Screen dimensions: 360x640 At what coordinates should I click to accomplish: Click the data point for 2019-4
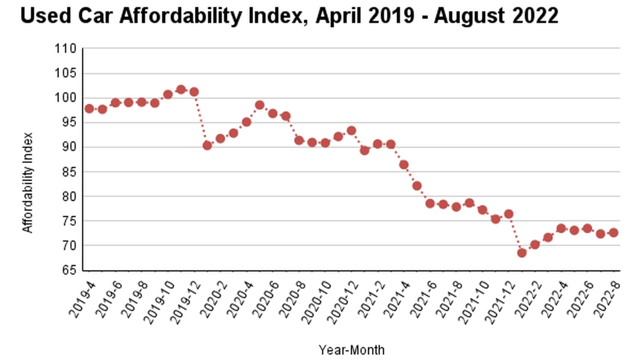[89, 108]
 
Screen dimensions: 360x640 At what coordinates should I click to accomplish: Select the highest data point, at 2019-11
[181, 90]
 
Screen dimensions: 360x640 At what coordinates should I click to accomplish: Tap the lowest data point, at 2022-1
[522, 252]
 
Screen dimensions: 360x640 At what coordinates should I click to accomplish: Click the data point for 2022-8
[613, 232]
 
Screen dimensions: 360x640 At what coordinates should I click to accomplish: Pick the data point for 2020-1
[207, 145]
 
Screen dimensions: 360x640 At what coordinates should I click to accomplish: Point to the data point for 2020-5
[259, 105]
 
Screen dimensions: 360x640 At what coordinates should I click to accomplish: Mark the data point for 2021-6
[430, 203]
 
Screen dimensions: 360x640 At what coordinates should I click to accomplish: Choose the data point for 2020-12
[351, 130]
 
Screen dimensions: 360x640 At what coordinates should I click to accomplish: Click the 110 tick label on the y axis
[66, 49]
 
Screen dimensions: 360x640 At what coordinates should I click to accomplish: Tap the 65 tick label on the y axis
[69, 270]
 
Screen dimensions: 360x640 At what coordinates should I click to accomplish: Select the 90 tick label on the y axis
[69, 147]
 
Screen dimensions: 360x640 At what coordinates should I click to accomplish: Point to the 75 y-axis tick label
[69, 221]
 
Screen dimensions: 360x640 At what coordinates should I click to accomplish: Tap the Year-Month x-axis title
[351, 349]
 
